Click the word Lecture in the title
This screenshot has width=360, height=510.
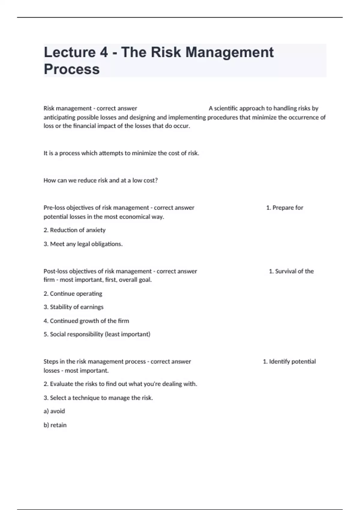click(70, 52)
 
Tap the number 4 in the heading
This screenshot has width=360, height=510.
click(103, 52)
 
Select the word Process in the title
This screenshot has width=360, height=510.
click(72, 69)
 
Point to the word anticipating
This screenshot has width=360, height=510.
click(59, 117)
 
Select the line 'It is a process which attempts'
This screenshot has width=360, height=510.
click(121, 153)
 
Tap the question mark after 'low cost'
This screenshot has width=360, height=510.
click(156, 180)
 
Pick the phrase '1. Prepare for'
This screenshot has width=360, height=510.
click(285, 208)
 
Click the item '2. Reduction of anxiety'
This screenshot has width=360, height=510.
click(74, 230)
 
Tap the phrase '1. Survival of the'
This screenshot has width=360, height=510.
click(291, 271)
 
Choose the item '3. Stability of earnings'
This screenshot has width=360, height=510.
click(73, 307)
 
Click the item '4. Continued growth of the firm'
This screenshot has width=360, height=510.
click(86, 321)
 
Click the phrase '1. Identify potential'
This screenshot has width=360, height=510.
click(289, 361)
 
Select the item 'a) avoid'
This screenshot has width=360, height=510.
click(54, 411)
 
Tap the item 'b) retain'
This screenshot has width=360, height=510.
click(55, 425)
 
